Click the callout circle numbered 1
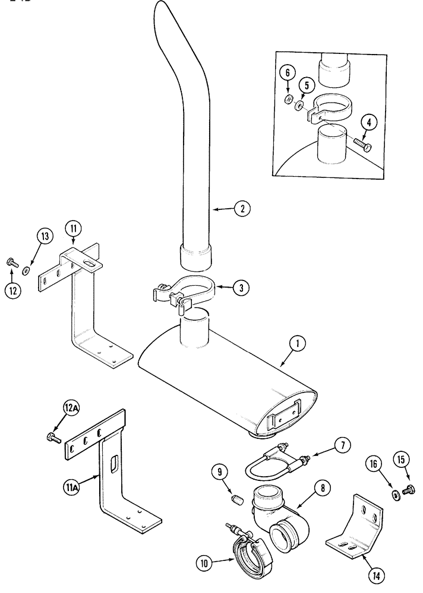[295, 342]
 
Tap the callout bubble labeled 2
[242, 209]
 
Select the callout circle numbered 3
[241, 288]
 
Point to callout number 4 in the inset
[369, 123]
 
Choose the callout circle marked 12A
[71, 408]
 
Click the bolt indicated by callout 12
[12, 261]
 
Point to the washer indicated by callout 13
[26, 271]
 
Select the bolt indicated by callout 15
[408, 491]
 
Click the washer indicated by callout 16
[394, 496]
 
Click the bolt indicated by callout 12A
[52, 438]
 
